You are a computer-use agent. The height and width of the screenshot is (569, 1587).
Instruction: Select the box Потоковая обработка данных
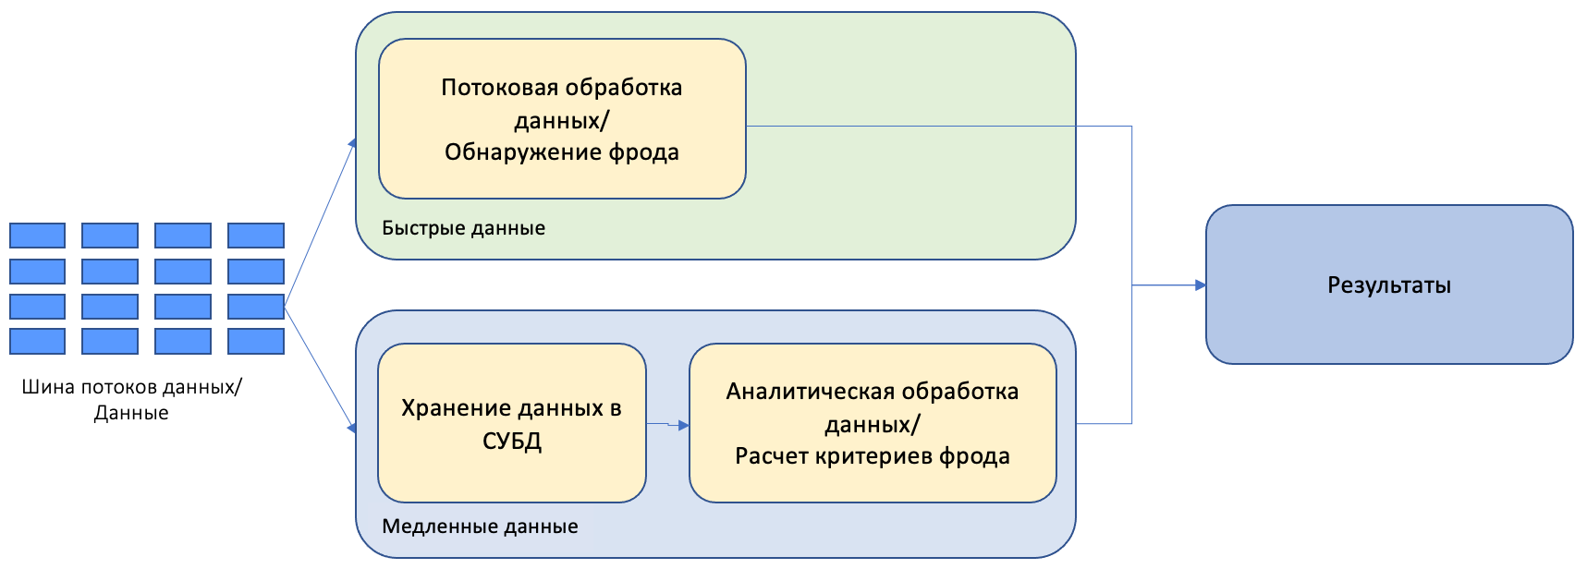pos(562,119)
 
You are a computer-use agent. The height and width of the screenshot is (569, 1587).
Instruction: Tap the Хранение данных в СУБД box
pos(511,423)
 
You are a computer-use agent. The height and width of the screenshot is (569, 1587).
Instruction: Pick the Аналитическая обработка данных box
pos(872,423)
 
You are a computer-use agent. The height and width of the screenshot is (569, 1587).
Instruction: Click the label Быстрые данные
pos(463,228)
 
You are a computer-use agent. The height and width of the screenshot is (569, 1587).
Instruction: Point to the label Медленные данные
pos(480,527)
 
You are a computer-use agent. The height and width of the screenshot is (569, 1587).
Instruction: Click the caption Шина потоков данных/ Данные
pos(131,400)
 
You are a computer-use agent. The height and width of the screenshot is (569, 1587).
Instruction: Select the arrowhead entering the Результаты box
pos(1200,285)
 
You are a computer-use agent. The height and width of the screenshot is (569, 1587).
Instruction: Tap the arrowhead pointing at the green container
pos(352,143)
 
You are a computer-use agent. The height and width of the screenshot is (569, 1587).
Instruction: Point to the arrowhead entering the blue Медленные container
pos(351,428)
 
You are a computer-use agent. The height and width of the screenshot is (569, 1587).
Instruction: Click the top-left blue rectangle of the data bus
pos(37,236)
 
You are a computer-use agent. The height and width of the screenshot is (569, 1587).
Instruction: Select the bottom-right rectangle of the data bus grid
pos(256,341)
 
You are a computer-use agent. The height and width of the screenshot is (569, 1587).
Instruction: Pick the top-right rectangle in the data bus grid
pos(256,236)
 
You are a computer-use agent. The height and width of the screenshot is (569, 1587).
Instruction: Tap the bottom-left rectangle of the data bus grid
pos(37,341)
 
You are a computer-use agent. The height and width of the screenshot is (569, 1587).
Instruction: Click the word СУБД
pos(512,442)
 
